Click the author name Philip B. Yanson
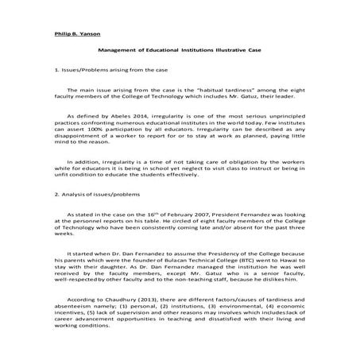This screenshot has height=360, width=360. pos(72,36)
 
